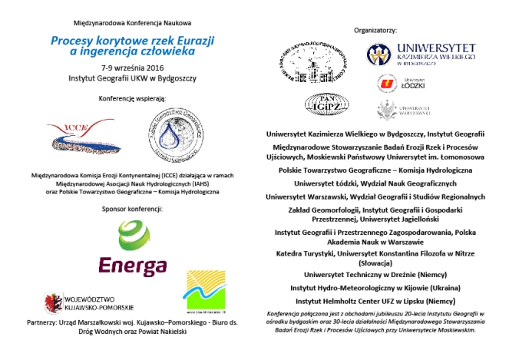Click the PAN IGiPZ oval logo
click(329, 104)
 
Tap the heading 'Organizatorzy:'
click(375, 30)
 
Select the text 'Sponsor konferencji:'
click(131, 208)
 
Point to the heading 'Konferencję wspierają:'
click(131, 99)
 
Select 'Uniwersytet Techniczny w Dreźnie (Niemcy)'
click(375, 273)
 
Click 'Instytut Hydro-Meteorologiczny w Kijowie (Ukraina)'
click(375, 287)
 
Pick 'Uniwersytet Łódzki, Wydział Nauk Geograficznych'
click(375, 183)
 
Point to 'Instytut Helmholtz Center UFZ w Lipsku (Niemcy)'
click(375, 301)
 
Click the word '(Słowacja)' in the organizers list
click(375, 259)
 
